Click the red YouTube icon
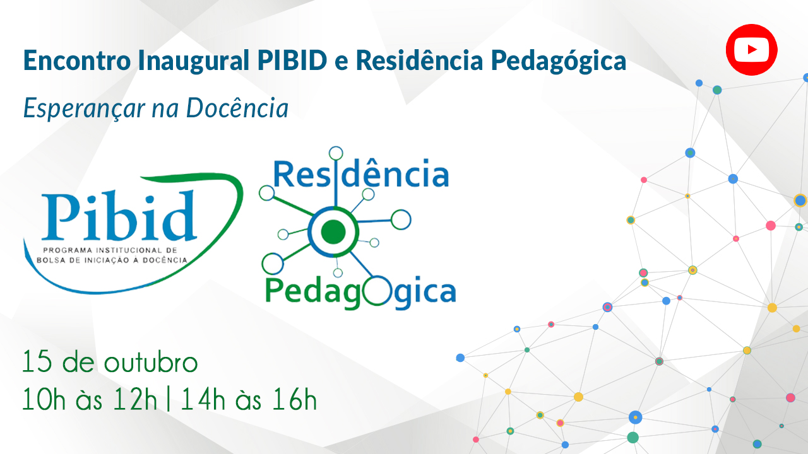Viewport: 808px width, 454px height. coord(751,50)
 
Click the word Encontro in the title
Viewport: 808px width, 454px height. coord(77,61)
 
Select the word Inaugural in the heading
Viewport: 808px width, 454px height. coord(194,60)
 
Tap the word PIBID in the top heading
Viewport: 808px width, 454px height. coord(292,60)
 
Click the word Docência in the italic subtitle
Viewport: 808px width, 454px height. coord(237,108)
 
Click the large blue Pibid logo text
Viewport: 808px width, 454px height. coord(119,216)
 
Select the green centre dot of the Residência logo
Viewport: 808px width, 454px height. coord(333,231)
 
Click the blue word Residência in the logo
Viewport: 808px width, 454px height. coord(361,173)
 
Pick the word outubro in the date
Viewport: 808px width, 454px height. coord(151,361)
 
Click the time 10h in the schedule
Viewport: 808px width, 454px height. coord(44,399)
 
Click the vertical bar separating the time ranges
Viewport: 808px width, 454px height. coord(169,399)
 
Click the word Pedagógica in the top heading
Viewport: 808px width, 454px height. coord(559,61)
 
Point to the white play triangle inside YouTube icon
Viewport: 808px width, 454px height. coord(752,50)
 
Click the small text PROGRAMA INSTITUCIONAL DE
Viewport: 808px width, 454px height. coord(110,250)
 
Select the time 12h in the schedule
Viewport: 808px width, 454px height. coord(135,399)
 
